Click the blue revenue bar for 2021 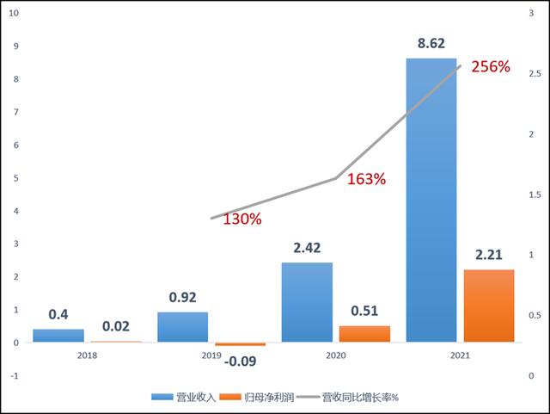(x=431, y=200)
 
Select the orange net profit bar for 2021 (x=489, y=306)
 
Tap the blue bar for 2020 (x=307, y=302)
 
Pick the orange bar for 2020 (x=364, y=334)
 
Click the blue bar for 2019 (x=183, y=327)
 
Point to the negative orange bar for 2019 (x=241, y=344)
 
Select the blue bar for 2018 (x=58, y=336)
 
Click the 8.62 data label (x=431, y=43)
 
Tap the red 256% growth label (x=491, y=66)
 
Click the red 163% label (x=366, y=179)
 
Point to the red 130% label (x=242, y=219)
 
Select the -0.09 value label (x=241, y=361)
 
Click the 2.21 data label (x=489, y=255)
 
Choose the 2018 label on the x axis (x=88, y=355)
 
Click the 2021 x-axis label (x=460, y=355)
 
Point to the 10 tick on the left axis (x=14, y=13)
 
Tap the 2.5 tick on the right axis (x=535, y=73)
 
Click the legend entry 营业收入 (x=183, y=398)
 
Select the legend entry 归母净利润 (x=257, y=398)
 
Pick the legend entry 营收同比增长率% (x=347, y=398)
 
